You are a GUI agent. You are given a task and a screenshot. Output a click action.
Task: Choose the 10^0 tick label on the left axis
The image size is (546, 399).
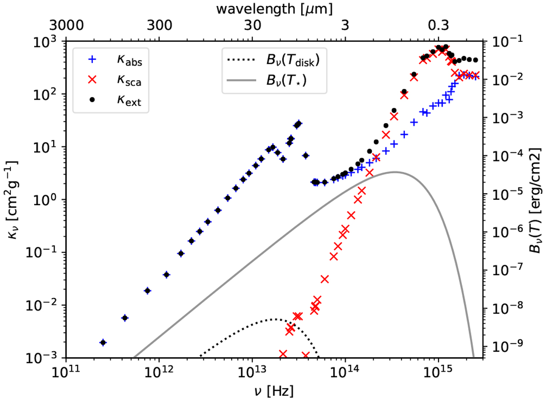point(47,200)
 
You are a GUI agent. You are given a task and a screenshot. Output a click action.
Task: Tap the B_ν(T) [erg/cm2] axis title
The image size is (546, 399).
point(535,200)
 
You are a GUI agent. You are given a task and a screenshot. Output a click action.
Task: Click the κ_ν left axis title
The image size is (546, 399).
point(14,200)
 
